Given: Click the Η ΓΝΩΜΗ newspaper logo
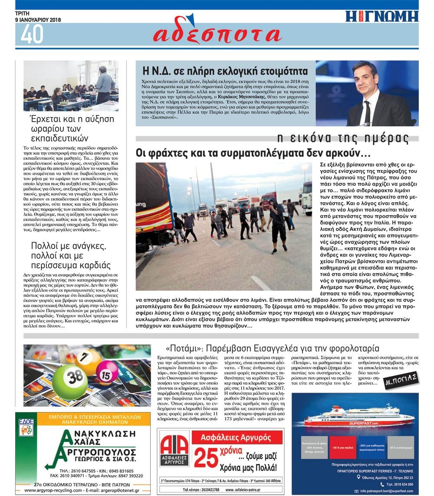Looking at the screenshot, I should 381,16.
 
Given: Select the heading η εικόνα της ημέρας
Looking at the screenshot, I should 343,138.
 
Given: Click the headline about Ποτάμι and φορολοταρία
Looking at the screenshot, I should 272,348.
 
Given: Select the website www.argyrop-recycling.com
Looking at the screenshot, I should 48,490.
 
